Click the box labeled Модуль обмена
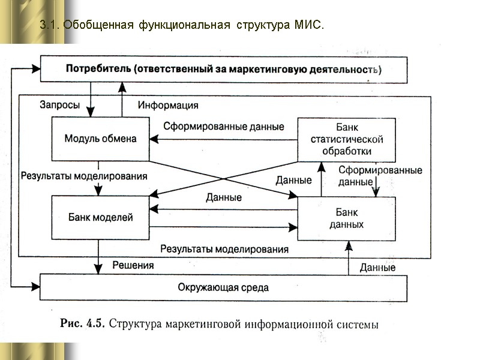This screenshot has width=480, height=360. point(100,139)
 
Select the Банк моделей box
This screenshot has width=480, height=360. point(100,217)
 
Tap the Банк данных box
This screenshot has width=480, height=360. point(347,218)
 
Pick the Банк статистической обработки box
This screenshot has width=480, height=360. point(347,139)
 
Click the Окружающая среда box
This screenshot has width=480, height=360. point(223,287)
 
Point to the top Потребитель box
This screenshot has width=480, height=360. point(223,69)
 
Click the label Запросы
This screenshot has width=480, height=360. point(59,105)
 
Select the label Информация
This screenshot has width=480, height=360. point(168,106)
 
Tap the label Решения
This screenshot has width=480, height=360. point(133,265)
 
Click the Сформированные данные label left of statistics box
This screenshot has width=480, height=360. point(224,127)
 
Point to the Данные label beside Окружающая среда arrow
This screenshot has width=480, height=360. point(377,268)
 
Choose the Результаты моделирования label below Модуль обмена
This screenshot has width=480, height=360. point(84,176)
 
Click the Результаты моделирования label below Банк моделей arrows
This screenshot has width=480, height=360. point(224,248)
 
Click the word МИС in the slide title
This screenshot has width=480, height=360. point(308,26)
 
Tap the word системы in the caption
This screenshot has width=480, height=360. point(357,325)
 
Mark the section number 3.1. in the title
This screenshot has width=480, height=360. point(50,26)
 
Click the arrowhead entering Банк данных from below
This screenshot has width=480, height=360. point(348,244)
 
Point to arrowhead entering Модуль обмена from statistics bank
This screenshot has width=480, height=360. point(154,140)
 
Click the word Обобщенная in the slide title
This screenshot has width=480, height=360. point(98,26)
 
